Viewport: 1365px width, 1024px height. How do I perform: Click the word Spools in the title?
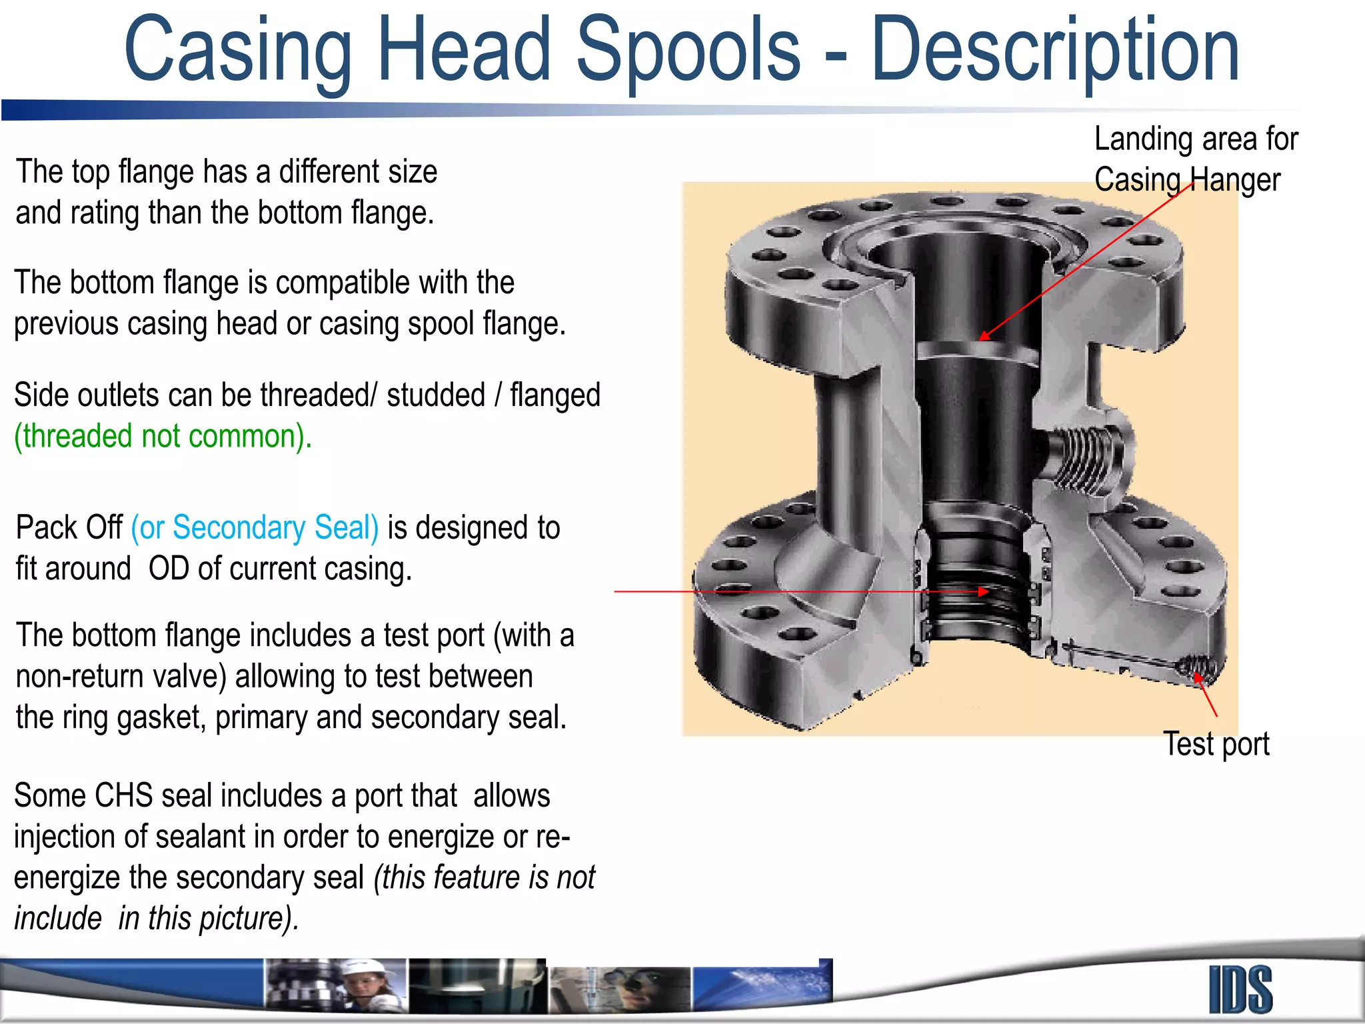tap(688, 49)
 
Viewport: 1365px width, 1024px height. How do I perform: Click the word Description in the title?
tap(1054, 51)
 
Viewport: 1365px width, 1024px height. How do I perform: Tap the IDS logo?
tap(1240, 989)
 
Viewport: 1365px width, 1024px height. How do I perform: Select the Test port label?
tap(1216, 744)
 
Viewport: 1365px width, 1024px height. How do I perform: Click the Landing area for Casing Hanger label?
tap(1196, 159)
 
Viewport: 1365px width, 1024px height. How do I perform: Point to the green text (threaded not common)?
tap(163, 437)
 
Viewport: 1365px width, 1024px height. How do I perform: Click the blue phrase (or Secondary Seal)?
tap(255, 527)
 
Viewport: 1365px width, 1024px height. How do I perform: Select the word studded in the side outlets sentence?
tap(435, 395)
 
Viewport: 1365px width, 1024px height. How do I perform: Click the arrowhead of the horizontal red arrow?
tap(983, 591)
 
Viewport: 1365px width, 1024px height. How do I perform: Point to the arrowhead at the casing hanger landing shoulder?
tap(984, 336)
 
